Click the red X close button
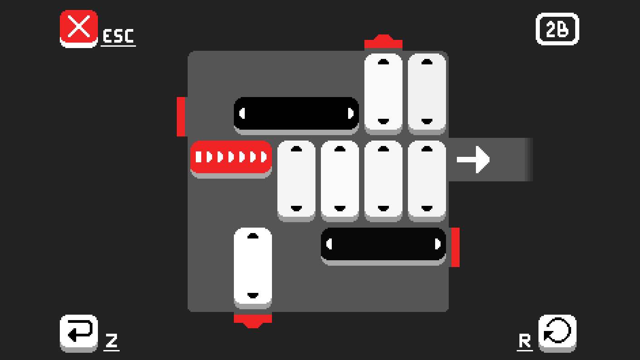[78, 29]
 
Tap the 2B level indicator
[557, 29]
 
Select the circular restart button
[557, 333]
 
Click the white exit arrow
[473, 160]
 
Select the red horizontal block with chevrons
[231, 159]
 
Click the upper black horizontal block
[296, 116]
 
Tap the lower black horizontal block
[383, 246]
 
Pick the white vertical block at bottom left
[252, 268]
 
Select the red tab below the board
[252, 321]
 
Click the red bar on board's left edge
[181, 117]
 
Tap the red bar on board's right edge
[456, 247]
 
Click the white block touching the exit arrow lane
[427, 181]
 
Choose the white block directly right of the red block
[296, 181]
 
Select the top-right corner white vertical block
[427, 94]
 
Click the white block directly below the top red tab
[383, 94]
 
